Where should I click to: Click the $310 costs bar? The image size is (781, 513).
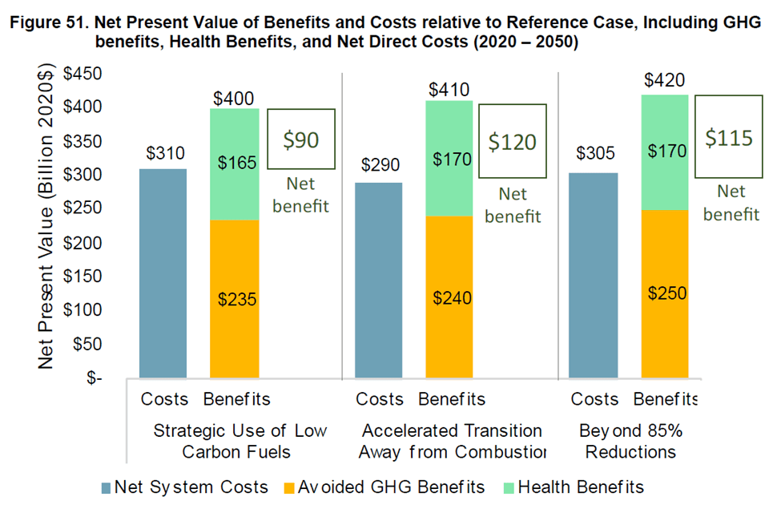(163, 273)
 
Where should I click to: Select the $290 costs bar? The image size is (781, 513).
(378, 280)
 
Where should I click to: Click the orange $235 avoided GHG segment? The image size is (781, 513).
(234, 299)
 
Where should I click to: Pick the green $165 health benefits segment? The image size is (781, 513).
(234, 164)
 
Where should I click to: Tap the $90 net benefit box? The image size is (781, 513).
(301, 139)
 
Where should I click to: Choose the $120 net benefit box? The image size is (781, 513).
(513, 143)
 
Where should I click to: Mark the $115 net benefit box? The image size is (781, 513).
(729, 137)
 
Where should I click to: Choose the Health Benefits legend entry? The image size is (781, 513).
(572, 487)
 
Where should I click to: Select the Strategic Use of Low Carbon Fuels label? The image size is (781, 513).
(240, 441)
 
